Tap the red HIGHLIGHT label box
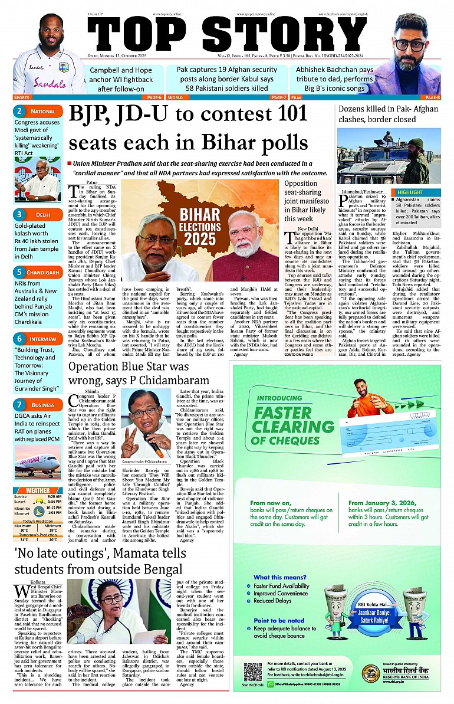410,192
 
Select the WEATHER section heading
38,490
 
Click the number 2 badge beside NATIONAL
19,112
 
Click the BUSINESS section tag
43,405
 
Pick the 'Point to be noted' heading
279,621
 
